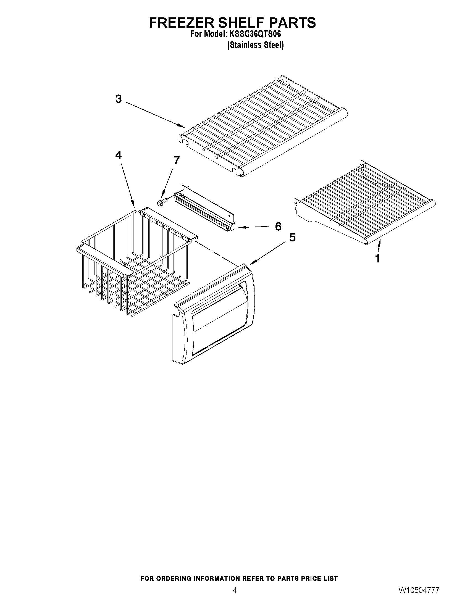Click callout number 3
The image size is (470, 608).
click(119, 99)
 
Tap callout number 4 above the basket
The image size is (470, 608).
click(119, 155)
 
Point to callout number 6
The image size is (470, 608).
click(278, 226)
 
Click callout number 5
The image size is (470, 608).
click(292, 237)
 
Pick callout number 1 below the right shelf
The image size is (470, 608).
click(377, 259)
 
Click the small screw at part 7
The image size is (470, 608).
click(161, 202)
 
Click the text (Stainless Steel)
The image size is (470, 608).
click(255, 45)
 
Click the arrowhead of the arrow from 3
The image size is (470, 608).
click(184, 127)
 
